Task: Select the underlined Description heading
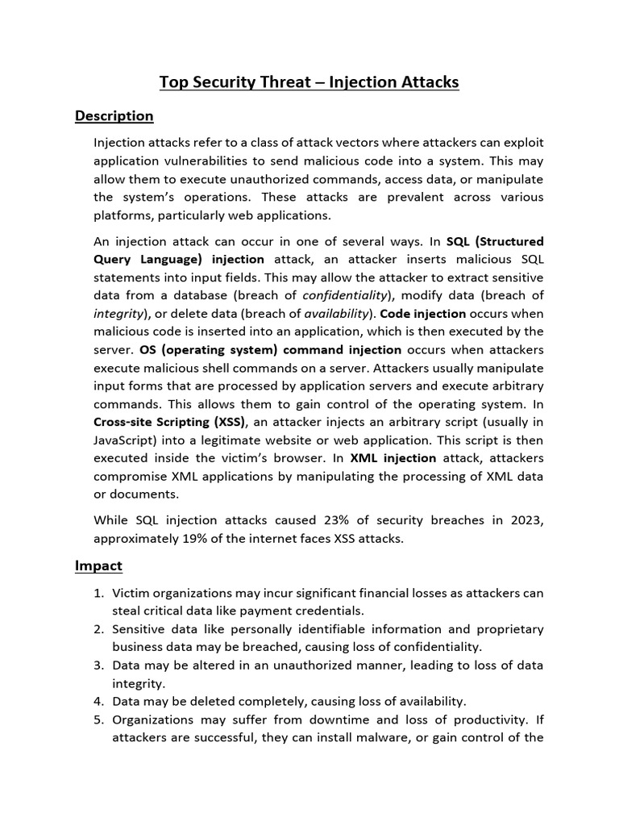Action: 114,115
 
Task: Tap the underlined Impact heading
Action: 98,565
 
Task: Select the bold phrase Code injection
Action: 423,313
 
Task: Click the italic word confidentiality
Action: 346,295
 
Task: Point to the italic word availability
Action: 330,313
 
